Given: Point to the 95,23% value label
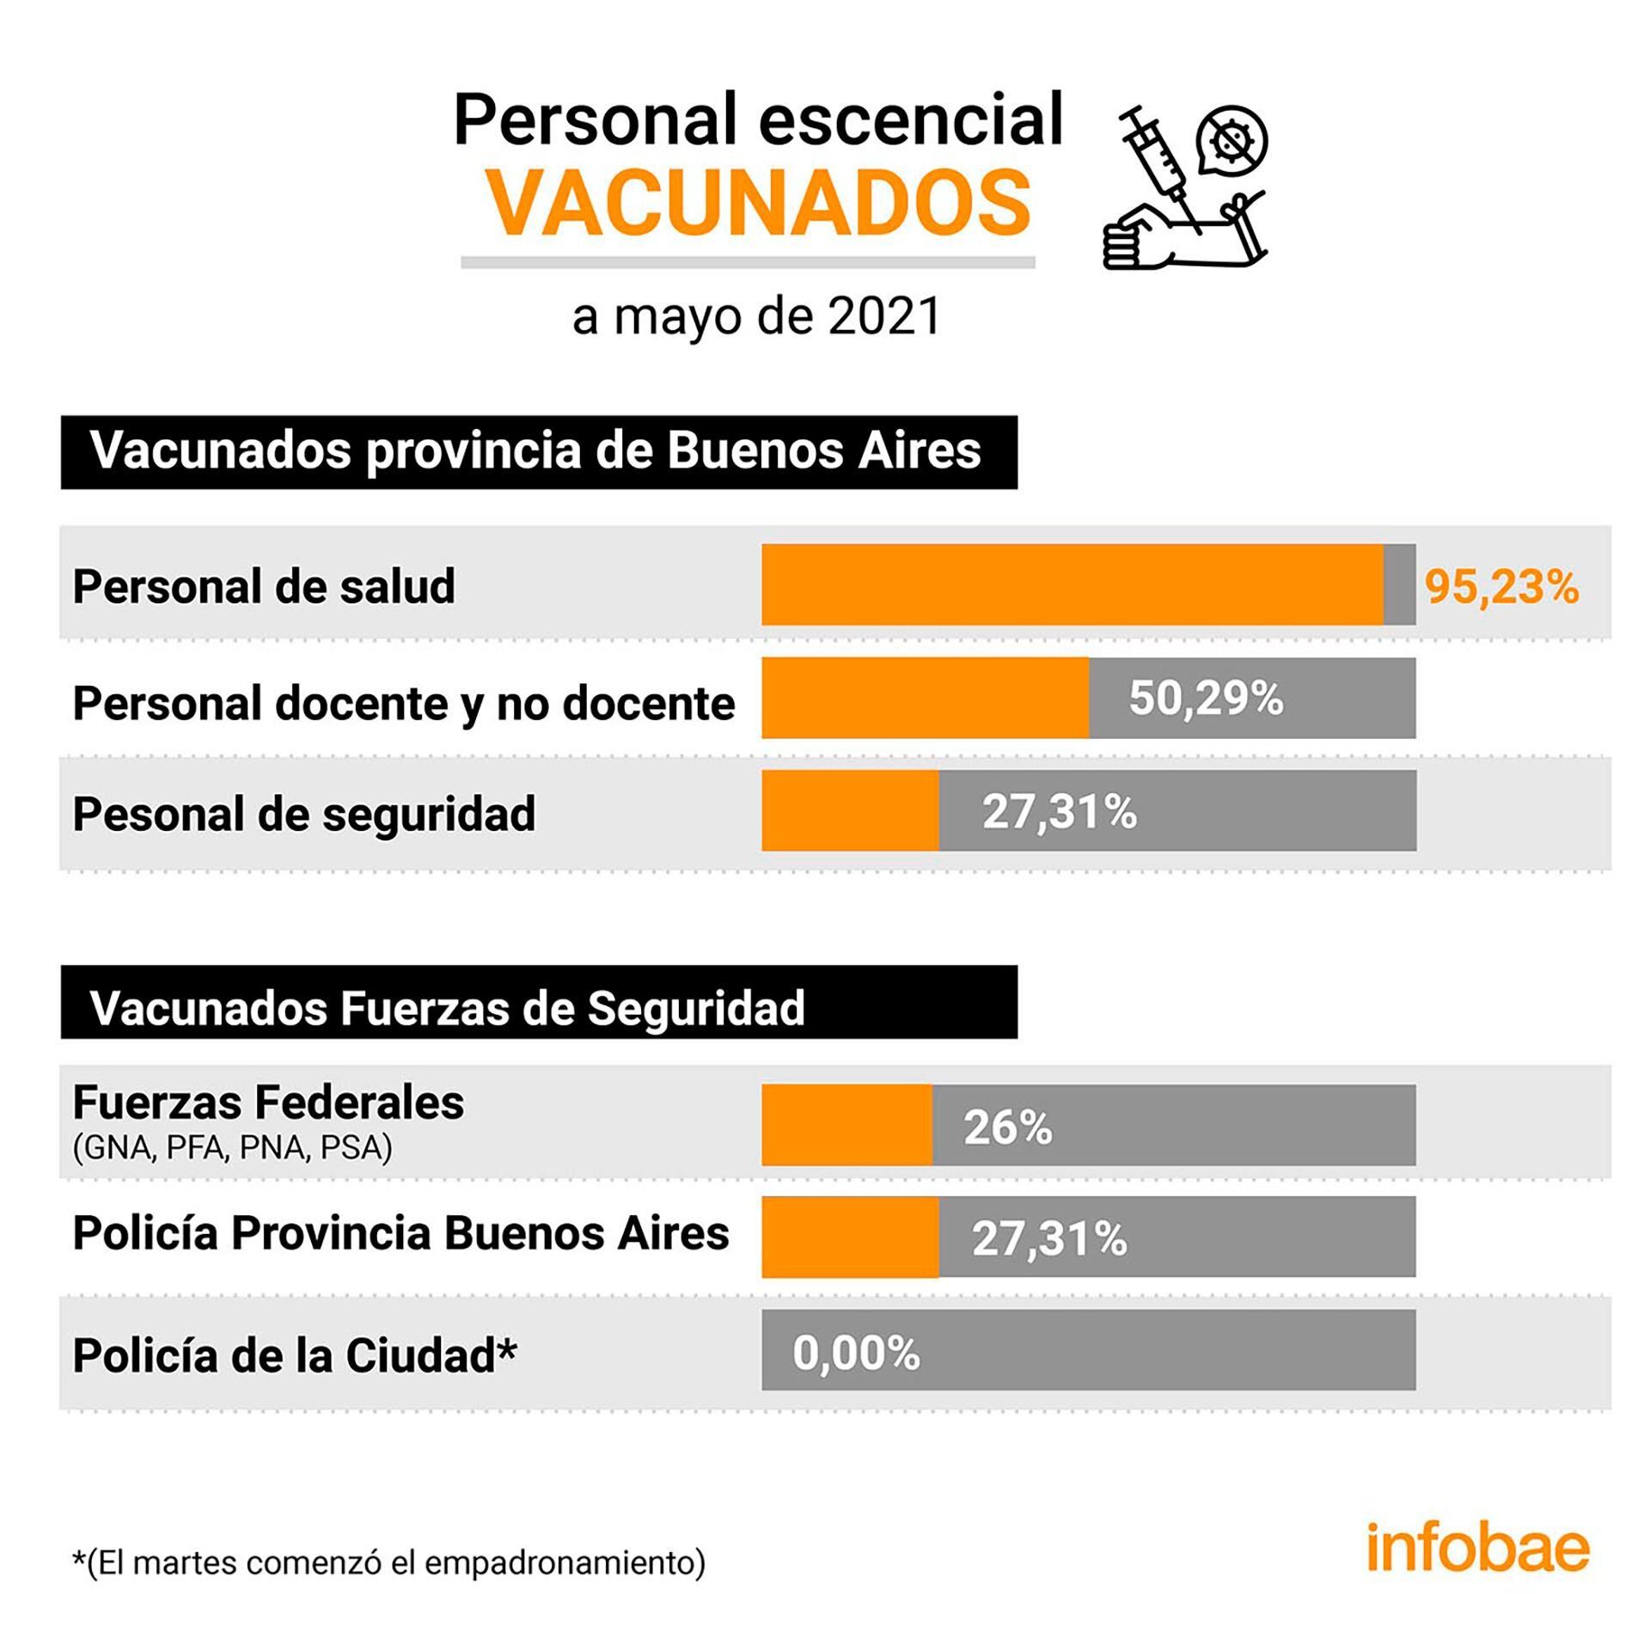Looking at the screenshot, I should pos(1501,588).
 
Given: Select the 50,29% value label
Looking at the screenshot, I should pos(1205,699).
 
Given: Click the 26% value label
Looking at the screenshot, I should pos(1007,1128).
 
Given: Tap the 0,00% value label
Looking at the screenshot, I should pos(856,1354).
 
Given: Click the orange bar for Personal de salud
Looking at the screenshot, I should pos(1072,584).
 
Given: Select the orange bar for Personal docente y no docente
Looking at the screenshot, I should pos(925,698).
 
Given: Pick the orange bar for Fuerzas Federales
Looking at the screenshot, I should pos(846,1125).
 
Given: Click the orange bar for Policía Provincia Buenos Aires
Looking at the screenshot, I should pos(850,1237).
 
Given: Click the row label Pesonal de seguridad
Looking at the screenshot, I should pos(303,814).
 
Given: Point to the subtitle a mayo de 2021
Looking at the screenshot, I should pos(756,316).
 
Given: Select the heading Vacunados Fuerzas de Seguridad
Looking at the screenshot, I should pos(447,1007).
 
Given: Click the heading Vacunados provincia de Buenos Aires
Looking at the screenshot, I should pos(535,450).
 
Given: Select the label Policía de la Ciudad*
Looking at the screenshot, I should pos(294,1355).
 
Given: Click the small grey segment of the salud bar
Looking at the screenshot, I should pos(1399,584).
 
